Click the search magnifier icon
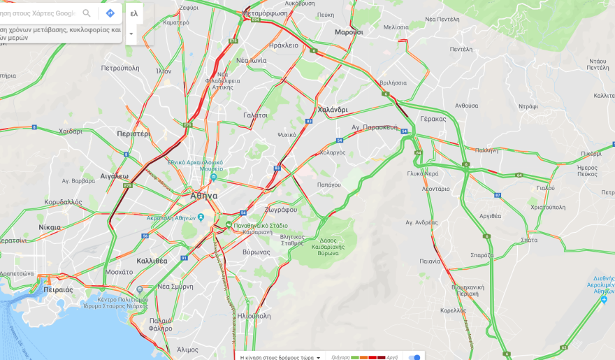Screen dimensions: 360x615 [x=87, y=13]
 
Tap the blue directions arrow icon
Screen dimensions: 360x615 [x=110, y=13]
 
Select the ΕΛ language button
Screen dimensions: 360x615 [x=134, y=13]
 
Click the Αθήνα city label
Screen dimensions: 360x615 [x=204, y=196]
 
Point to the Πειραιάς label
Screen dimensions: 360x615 [x=58, y=289]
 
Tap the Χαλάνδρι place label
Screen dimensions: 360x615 [x=332, y=110]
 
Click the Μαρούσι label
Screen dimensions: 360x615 [x=349, y=32]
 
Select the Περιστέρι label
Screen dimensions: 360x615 [x=133, y=134]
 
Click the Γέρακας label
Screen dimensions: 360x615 [x=433, y=119]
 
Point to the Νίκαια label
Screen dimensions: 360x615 [x=50, y=227]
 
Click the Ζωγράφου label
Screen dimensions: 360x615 [x=280, y=210]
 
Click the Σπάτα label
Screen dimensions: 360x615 [x=529, y=240]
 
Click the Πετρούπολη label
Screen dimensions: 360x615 [x=120, y=69]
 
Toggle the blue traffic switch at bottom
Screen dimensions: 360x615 [x=414, y=357]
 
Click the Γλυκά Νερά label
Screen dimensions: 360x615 [x=423, y=173]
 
